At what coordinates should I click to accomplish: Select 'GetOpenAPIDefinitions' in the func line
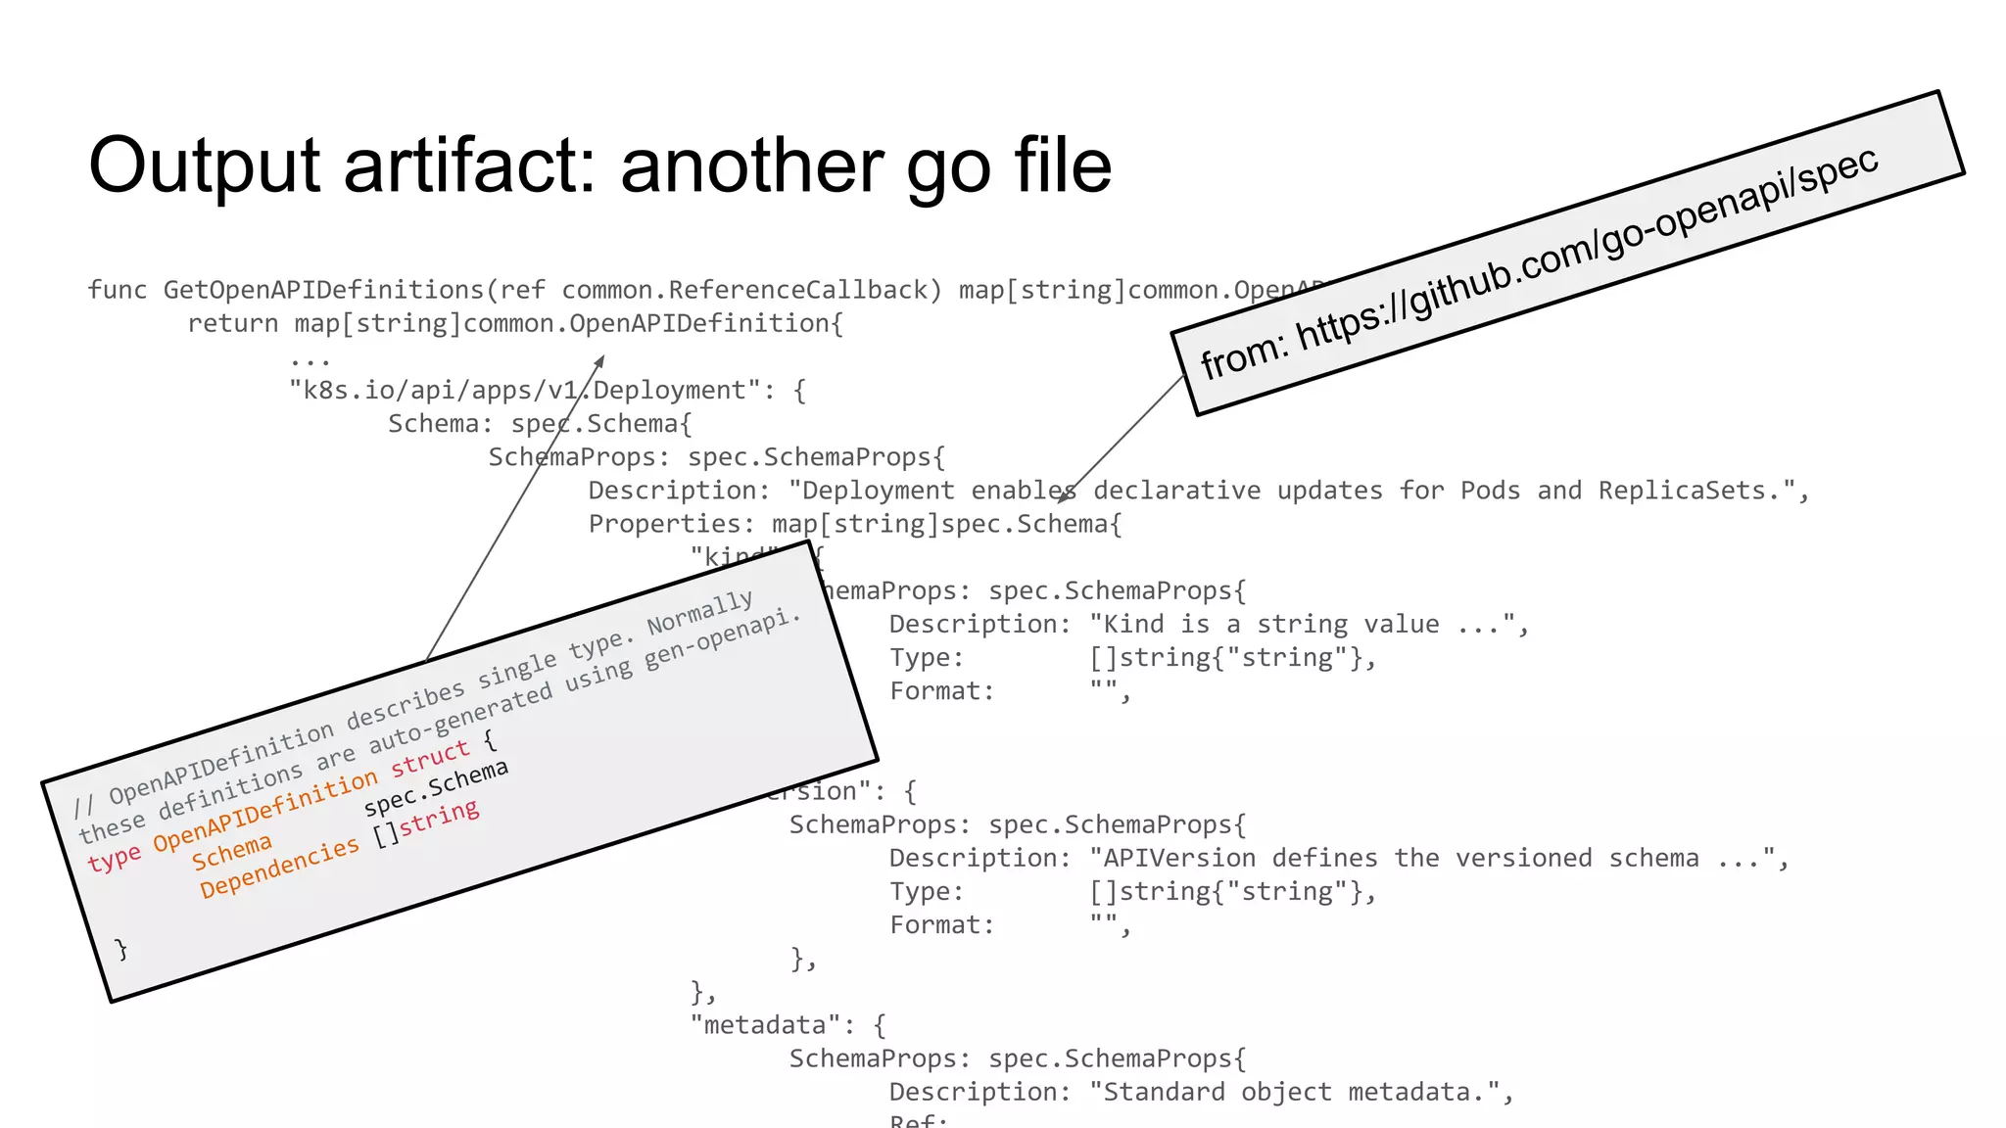(323, 290)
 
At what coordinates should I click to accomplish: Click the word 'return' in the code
(233, 323)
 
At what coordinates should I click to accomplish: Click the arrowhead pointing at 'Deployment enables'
(1064, 498)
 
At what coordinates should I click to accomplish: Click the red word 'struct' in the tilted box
(430, 758)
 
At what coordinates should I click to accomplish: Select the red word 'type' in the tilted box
(114, 860)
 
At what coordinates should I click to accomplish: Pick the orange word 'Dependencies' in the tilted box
(279, 867)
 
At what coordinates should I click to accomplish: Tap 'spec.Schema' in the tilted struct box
(436, 787)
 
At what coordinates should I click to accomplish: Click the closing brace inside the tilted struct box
(121, 949)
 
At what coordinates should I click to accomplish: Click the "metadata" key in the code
(764, 1025)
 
